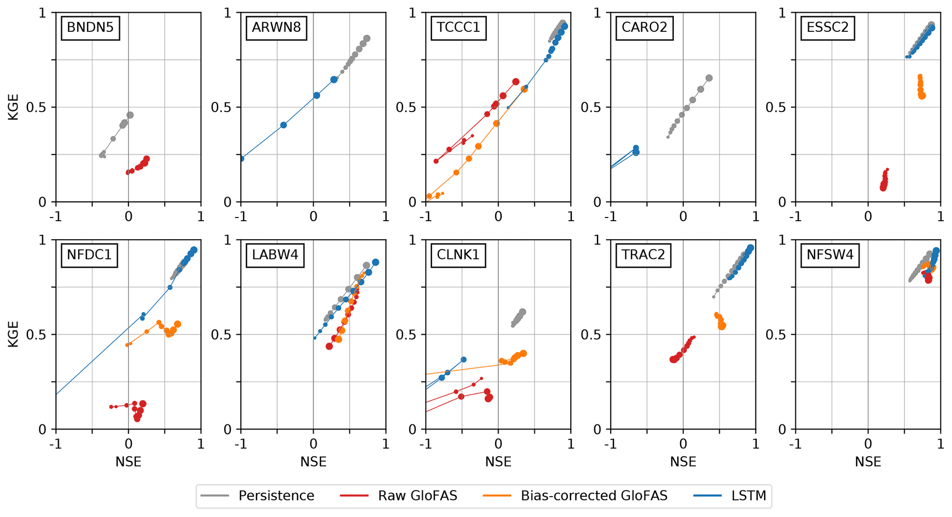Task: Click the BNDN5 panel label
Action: click(90, 28)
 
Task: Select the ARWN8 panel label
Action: click(276, 28)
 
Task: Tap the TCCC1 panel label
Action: click(458, 28)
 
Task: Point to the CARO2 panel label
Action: click(644, 28)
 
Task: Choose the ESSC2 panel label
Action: click(827, 28)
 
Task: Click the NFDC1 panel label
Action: click(89, 255)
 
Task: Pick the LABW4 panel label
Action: click(275, 255)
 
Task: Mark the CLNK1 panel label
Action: click(458, 255)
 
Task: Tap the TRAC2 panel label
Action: click(643, 255)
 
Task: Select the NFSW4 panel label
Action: click(830, 255)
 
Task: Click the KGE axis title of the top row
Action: click(13, 107)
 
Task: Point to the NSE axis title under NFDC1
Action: click(128, 462)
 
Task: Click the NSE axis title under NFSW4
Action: click(868, 462)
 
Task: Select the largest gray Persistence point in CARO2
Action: click(709, 78)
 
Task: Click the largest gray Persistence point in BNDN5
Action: click(130, 115)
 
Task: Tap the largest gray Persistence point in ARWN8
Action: click(367, 39)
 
